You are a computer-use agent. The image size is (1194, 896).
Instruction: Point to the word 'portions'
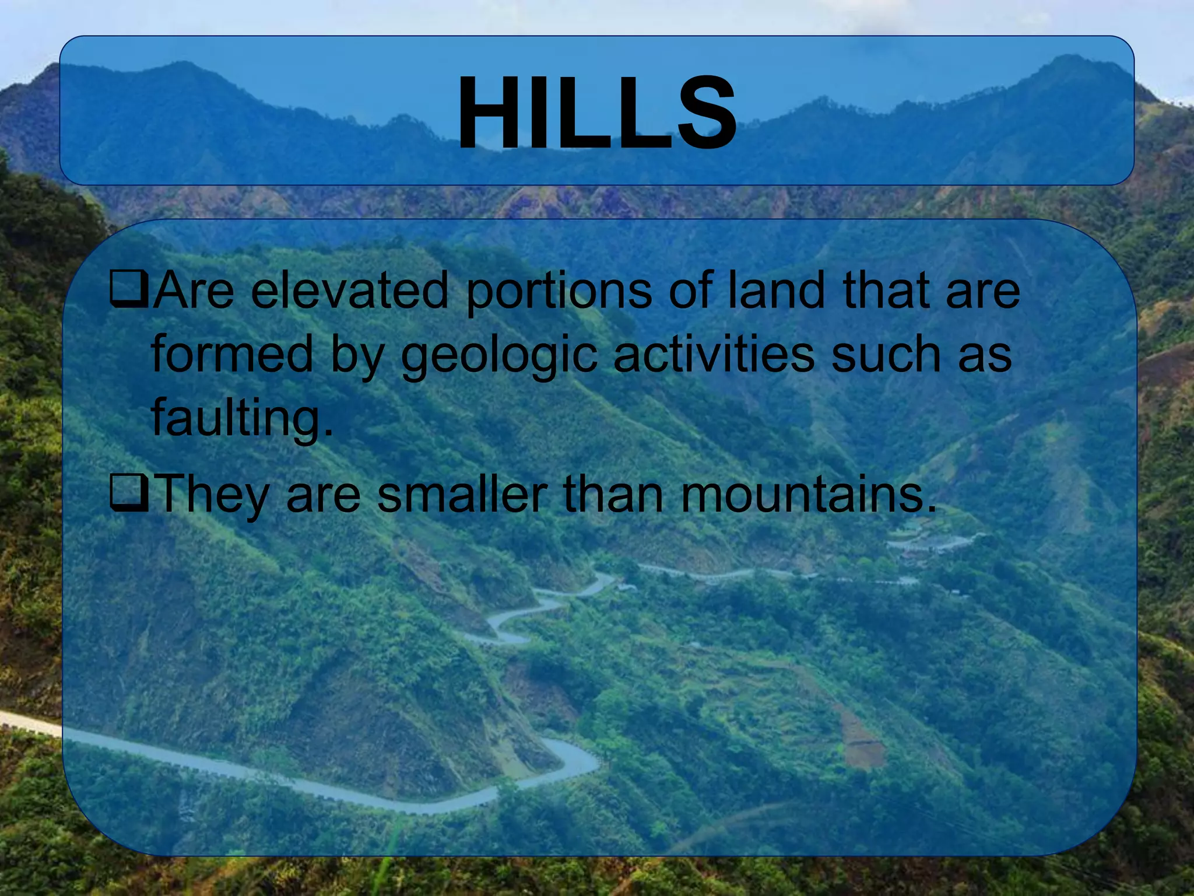click(559, 292)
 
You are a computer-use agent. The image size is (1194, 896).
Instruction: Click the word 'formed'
click(232, 354)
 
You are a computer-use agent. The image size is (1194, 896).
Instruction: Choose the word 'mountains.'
click(808, 495)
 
